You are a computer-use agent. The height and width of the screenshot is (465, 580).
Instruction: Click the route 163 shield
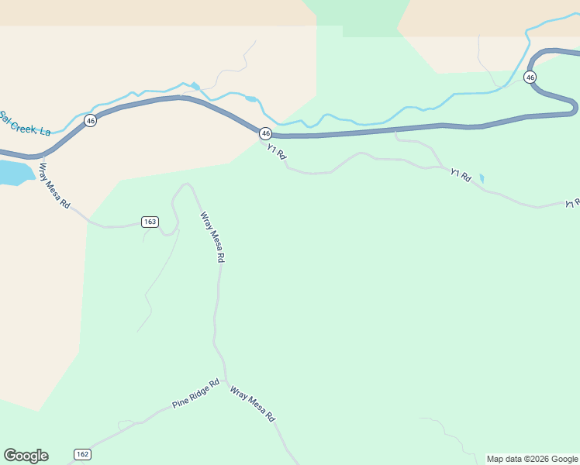[x=150, y=222]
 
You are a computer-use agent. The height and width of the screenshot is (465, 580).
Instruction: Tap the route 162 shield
[x=83, y=453]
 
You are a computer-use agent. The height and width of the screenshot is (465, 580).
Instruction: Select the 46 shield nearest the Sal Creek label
[x=91, y=121]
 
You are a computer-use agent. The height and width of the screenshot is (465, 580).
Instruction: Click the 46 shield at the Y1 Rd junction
[x=265, y=133]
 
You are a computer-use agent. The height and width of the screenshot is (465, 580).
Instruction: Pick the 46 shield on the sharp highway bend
[x=530, y=77]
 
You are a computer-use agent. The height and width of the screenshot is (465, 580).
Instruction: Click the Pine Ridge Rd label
[x=196, y=394]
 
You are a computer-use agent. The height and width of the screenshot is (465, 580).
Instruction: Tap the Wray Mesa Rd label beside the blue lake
[x=55, y=187]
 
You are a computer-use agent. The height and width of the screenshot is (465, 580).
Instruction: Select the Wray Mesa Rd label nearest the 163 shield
[x=212, y=237]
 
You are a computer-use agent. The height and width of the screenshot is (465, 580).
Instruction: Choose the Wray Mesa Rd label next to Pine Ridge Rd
[x=253, y=403]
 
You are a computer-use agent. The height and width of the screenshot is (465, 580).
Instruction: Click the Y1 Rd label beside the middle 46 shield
[x=277, y=152]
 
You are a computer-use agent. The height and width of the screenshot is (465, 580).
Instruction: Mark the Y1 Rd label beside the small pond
[x=461, y=175]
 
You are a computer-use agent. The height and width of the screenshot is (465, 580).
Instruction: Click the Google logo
[x=26, y=456]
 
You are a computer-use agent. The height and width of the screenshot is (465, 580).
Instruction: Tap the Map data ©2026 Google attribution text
[x=532, y=459]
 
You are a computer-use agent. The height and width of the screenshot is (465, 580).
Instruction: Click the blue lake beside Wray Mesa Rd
[x=13, y=173]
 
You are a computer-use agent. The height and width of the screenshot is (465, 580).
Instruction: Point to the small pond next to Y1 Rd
[x=482, y=178]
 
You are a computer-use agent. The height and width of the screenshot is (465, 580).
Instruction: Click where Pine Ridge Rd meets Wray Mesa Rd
[x=226, y=379]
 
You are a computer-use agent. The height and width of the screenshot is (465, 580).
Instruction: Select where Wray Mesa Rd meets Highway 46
[x=39, y=156]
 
